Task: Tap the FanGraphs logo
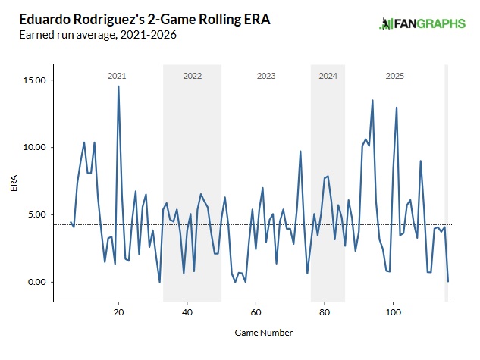coord(422,24)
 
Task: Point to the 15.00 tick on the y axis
coord(36,80)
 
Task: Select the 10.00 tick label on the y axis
coord(36,148)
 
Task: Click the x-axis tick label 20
coord(118,312)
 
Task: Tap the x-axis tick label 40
coord(187,312)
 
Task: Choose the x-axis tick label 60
coord(256,312)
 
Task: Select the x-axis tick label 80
coord(324,312)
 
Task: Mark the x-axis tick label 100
coord(393,312)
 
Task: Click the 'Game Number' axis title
coord(253,333)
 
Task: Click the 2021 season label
coord(117,77)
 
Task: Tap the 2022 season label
coord(193,77)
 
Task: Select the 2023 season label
coord(266,77)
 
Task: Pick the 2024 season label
coord(328,77)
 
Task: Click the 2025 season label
coord(394,77)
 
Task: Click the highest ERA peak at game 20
coord(118,86)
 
